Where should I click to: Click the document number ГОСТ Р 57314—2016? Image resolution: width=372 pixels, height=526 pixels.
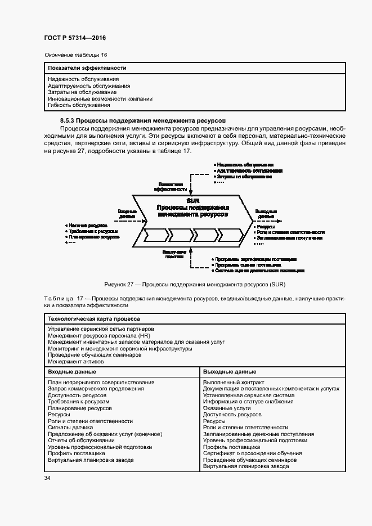[x=74, y=38]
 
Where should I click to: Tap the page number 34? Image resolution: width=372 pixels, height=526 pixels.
[x=47, y=478]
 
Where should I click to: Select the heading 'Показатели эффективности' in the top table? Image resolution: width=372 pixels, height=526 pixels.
[x=87, y=68]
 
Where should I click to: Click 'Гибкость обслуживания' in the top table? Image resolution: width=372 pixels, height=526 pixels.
[x=79, y=105]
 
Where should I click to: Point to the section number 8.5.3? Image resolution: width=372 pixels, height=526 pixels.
[x=68, y=120]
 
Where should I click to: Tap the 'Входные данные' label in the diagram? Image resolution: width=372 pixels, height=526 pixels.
[x=127, y=213]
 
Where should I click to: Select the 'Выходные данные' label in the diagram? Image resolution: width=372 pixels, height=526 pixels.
[x=266, y=213]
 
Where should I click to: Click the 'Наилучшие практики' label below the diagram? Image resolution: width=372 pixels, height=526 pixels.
[x=172, y=254]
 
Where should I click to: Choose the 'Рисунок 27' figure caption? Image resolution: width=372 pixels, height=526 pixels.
[x=191, y=285]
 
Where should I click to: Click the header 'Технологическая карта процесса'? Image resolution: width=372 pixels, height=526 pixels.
[x=93, y=318]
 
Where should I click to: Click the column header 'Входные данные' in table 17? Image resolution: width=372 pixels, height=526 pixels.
[x=71, y=372]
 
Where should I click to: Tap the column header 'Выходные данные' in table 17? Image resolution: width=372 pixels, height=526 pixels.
[x=229, y=372]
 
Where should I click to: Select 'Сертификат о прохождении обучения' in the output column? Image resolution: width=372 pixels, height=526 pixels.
[x=252, y=453]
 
